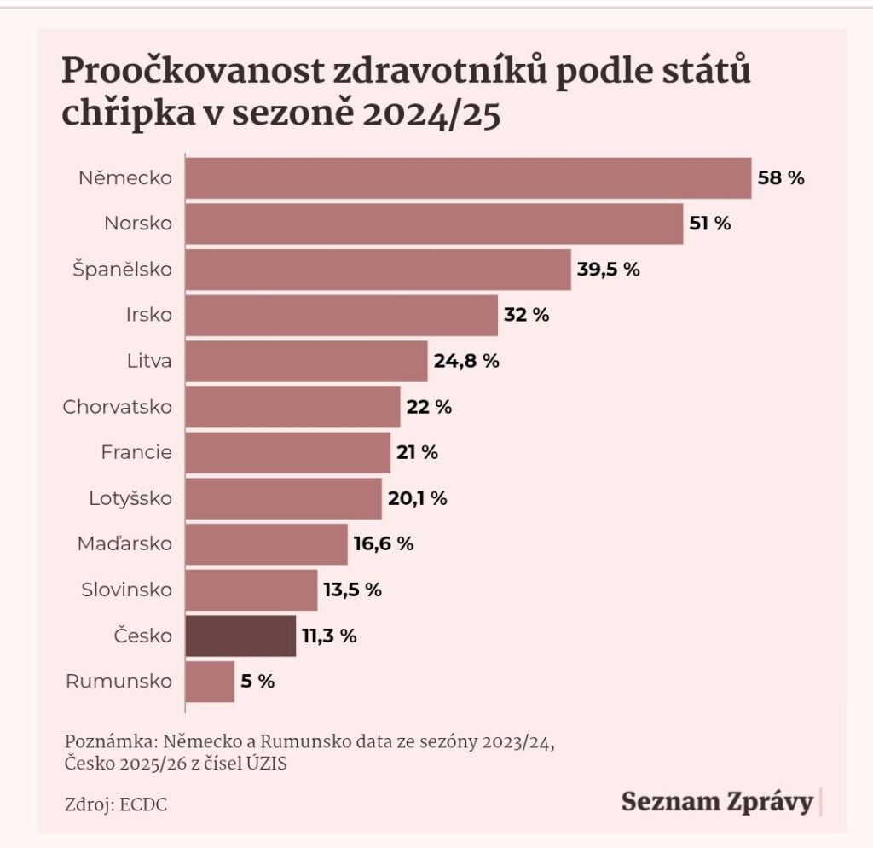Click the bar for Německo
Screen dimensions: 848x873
(468, 177)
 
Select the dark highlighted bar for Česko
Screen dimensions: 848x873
(240, 636)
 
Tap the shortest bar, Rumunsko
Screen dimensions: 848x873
(210, 682)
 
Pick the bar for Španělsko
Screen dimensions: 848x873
(378, 269)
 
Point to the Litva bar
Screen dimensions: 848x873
(306, 361)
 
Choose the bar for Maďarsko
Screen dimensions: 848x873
(266, 543)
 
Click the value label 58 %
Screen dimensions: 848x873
(781, 178)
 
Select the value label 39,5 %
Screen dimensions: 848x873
(608, 269)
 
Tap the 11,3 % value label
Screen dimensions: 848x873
(327, 636)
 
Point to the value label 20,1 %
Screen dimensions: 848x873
(417, 498)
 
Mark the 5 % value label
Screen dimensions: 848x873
(257, 682)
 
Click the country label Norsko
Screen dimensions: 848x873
(138, 224)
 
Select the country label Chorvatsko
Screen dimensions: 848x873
(117, 407)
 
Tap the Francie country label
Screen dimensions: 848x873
(136, 452)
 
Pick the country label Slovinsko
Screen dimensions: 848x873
(126, 590)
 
